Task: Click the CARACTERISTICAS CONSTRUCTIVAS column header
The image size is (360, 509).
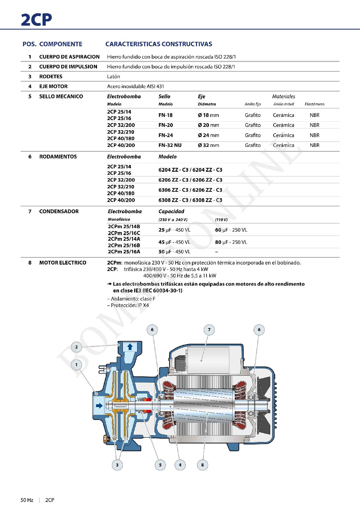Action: point(159,44)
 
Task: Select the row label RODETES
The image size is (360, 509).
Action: point(51,77)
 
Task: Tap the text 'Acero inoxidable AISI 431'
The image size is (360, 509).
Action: point(135,86)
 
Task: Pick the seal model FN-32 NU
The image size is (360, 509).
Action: point(170,145)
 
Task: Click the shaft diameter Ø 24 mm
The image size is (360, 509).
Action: point(208,135)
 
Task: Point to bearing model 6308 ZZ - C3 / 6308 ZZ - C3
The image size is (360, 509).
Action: point(190,200)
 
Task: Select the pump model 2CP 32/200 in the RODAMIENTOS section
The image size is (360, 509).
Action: point(121,180)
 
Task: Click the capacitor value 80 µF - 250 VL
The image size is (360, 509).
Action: point(231,242)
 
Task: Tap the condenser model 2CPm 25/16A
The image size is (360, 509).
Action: point(124,252)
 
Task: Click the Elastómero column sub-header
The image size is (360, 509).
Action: point(314,104)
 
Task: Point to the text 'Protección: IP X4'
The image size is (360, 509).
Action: point(128,305)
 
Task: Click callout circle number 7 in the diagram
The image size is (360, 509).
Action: point(209,329)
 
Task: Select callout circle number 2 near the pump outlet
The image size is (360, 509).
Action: point(77,347)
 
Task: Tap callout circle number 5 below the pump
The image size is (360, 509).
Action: point(160,465)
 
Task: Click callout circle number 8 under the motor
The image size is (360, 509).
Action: point(202,465)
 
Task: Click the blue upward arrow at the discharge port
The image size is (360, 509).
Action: point(130,347)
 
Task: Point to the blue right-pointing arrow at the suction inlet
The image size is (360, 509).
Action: point(99,406)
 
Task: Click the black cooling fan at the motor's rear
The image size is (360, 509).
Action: point(263,405)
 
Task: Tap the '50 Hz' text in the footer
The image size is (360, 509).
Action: point(27,500)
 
